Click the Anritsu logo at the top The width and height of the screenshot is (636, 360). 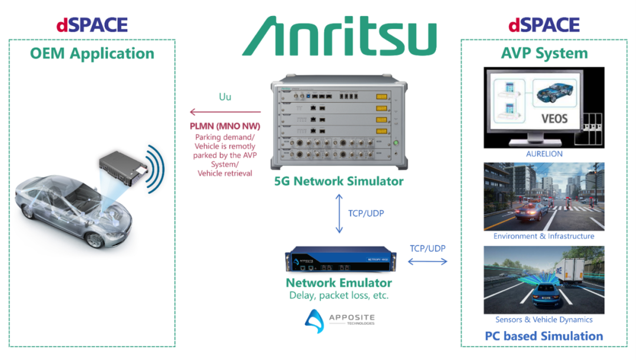tap(339, 37)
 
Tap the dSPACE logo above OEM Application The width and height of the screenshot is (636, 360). tap(92, 25)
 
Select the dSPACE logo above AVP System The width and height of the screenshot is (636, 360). tap(544, 25)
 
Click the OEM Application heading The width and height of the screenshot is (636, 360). tap(92, 54)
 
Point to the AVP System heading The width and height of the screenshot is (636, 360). tap(544, 54)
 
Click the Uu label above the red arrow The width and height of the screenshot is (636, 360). tap(225, 97)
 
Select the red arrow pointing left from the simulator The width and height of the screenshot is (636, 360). tap(225, 112)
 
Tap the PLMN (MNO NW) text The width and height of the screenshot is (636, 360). tap(225, 126)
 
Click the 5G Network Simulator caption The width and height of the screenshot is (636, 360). tap(339, 181)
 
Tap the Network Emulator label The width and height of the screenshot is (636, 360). tap(339, 283)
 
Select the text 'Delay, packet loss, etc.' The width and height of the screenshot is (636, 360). tap(339, 295)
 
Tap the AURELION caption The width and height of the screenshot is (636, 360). tap(544, 154)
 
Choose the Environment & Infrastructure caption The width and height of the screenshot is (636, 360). tap(544, 236)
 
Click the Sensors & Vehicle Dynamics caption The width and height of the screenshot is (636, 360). tap(544, 320)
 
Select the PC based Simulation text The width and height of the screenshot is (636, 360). tap(544, 336)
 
